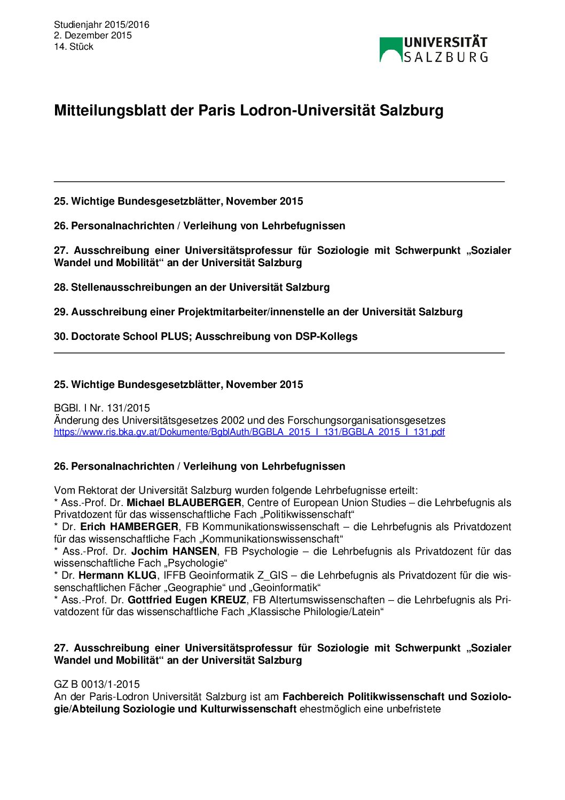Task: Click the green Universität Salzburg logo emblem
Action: pyautogui.click(x=390, y=49)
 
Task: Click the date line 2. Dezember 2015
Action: pyautogui.click(x=92, y=35)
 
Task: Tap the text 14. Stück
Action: pyautogui.click(x=74, y=46)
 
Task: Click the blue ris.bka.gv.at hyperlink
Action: pyautogui.click(x=249, y=432)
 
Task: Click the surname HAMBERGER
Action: pyautogui.click(x=144, y=527)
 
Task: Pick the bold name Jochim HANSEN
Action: pyautogui.click(x=174, y=551)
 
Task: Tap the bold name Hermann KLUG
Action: pyautogui.click(x=117, y=576)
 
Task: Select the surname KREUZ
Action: pyautogui.click(x=228, y=600)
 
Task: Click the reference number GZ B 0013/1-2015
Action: pyautogui.click(x=97, y=684)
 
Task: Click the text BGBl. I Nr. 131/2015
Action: pyautogui.click(x=102, y=408)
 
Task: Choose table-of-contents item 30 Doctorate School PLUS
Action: pyautogui.click(x=206, y=336)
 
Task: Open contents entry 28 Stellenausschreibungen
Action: pyautogui.click(x=192, y=287)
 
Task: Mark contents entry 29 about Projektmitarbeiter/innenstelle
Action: pyautogui.click(x=258, y=312)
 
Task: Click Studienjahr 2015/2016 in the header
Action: pyautogui.click(x=101, y=25)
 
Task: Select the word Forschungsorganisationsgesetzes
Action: pyautogui.click(x=366, y=420)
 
